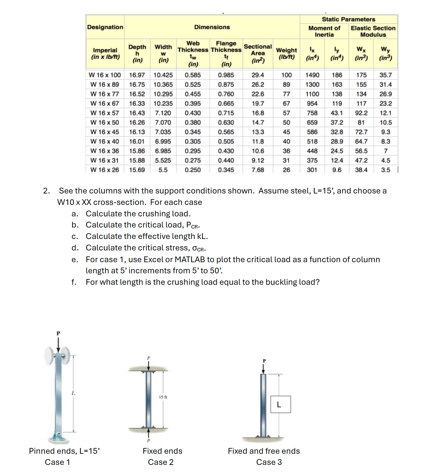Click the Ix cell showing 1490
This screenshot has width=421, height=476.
[x=312, y=75]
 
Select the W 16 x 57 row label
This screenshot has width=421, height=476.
[x=104, y=113]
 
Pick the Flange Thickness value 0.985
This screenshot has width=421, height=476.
[x=226, y=75]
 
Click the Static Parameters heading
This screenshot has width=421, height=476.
[x=348, y=19]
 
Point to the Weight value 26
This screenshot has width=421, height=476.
[x=286, y=170]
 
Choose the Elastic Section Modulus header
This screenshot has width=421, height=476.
[x=373, y=31]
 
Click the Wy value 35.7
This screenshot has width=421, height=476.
[x=385, y=75]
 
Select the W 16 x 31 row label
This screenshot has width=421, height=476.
[x=104, y=161]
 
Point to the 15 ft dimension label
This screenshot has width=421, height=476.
[x=163, y=397]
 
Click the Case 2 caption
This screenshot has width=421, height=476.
[x=161, y=462]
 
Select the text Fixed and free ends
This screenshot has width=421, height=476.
[x=264, y=451]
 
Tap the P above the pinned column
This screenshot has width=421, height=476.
[x=58, y=333]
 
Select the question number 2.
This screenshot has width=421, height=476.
[x=46, y=191]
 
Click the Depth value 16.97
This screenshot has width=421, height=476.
[x=137, y=75]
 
